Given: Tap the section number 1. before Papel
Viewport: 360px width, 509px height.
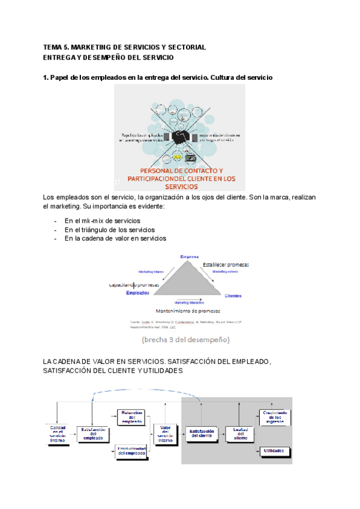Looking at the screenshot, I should (46, 79).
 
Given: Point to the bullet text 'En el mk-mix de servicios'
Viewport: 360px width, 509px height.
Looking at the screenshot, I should (103, 221).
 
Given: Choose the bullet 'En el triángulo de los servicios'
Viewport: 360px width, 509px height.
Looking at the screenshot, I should (110, 230).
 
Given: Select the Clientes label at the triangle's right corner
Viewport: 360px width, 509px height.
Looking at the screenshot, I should (233, 296).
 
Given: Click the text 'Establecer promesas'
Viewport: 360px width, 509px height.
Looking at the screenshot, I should (226, 265).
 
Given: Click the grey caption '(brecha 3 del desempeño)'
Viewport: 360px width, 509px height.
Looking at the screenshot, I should (185, 340).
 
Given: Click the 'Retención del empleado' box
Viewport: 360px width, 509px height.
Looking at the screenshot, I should (131, 417).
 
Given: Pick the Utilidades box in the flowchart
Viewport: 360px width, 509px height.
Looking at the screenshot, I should (274, 450).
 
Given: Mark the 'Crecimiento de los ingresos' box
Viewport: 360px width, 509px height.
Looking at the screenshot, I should (274, 417).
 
